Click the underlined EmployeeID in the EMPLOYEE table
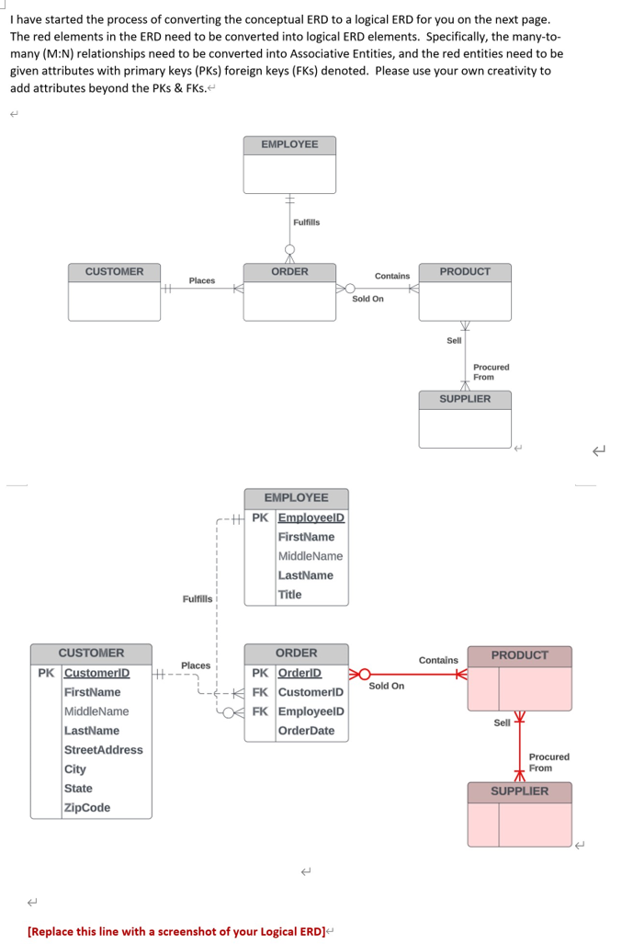click(x=311, y=517)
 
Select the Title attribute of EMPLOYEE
click(x=289, y=595)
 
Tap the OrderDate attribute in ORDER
click(x=306, y=731)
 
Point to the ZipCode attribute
click(x=87, y=808)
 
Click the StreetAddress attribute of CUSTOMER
click(x=103, y=750)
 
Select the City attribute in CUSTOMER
click(x=75, y=769)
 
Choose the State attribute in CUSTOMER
click(x=78, y=789)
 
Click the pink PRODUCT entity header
click(x=519, y=655)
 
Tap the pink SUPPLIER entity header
click(x=519, y=791)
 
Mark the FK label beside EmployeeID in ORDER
click(x=260, y=711)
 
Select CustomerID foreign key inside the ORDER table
click(x=311, y=692)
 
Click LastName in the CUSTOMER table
click(x=91, y=731)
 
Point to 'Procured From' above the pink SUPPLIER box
click(x=548, y=762)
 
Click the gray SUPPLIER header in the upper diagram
click(x=465, y=399)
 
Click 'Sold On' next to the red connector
click(x=386, y=686)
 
